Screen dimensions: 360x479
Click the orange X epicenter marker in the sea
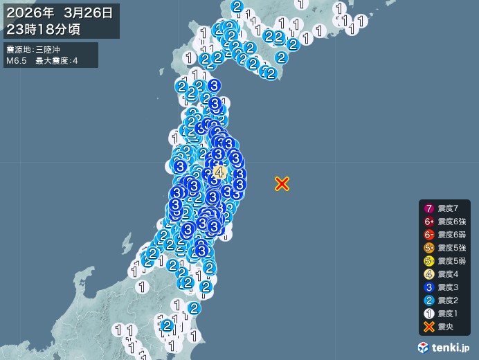[x=282, y=183]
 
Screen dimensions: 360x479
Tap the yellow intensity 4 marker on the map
[x=220, y=172]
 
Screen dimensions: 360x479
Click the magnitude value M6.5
[x=17, y=61]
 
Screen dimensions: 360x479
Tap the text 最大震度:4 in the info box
[x=57, y=61]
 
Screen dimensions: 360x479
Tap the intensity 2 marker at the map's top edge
[x=237, y=7]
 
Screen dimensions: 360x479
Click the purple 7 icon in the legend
[x=429, y=208]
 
